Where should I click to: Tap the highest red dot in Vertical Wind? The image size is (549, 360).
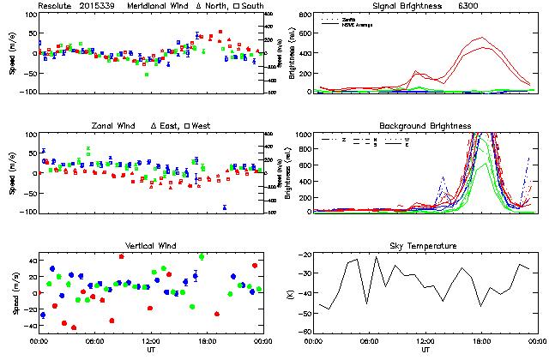(x=122, y=256)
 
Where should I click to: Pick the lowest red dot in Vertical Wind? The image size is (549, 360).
(x=74, y=327)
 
